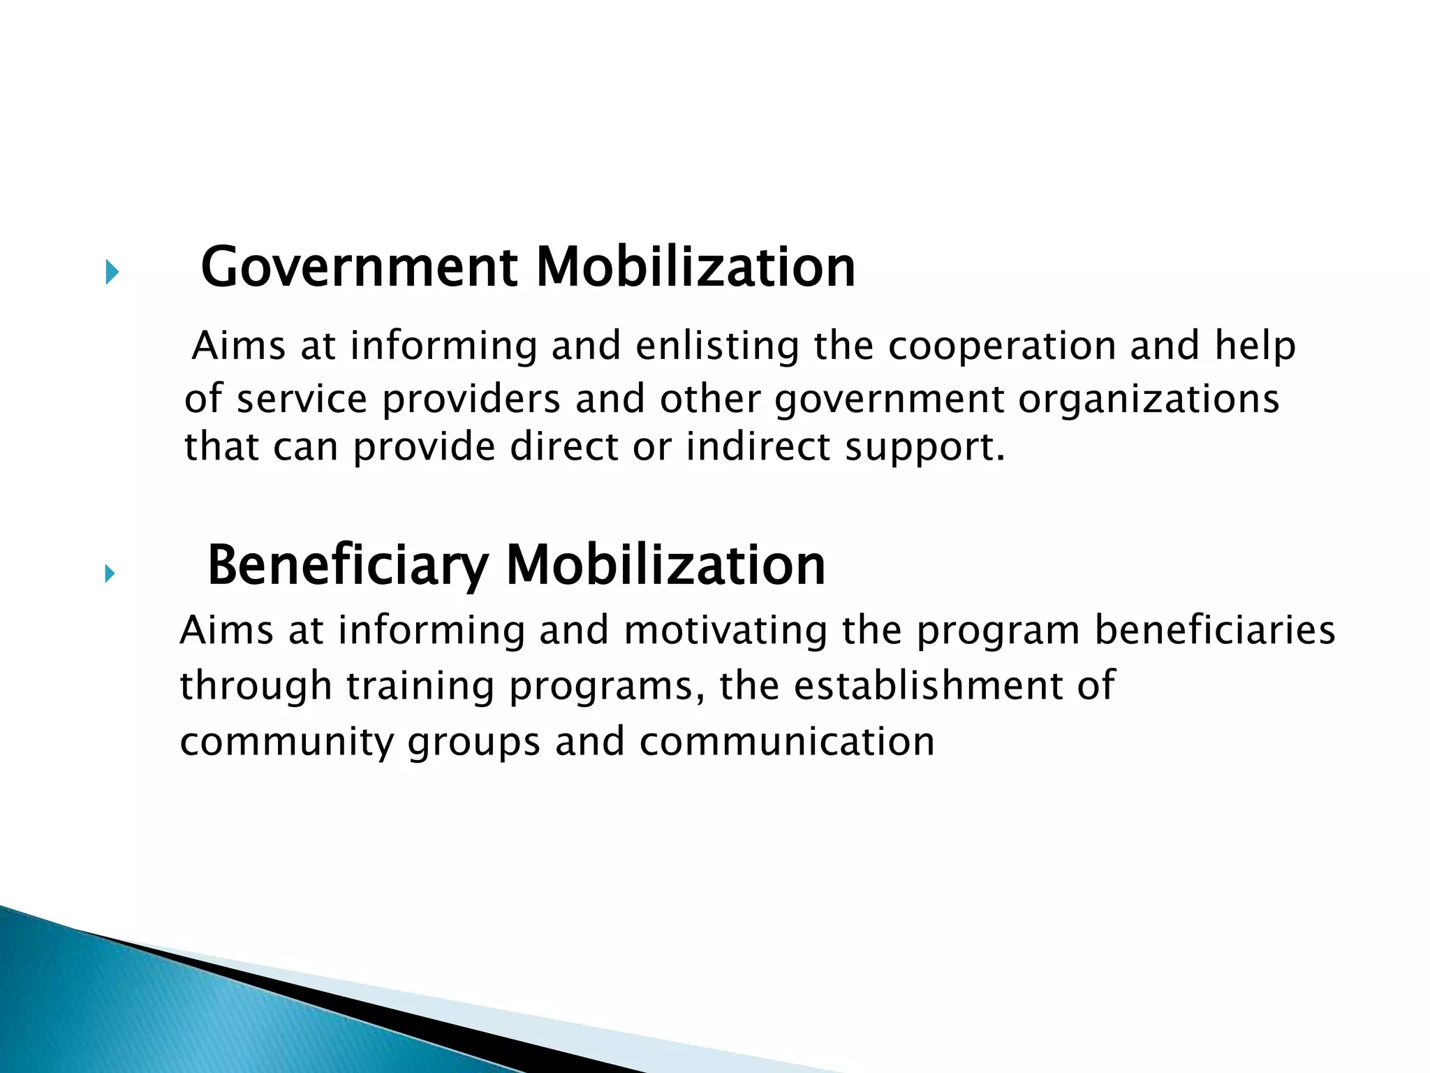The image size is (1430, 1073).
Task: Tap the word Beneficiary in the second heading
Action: click(x=347, y=565)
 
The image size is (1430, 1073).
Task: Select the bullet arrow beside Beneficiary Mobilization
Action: click(x=109, y=574)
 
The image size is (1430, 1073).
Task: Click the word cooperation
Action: click(x=1001, y=346)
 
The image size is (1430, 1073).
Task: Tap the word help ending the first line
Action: click(x=1255, y=346)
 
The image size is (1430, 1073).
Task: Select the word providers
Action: click(x=471, y=400)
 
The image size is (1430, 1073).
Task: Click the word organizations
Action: click(x=1149, y=400)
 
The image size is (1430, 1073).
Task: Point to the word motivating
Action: click(x=725, y=630)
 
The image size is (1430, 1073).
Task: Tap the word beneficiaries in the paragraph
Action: click(x=1214, y=630)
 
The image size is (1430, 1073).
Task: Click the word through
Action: click(x=256, y=686)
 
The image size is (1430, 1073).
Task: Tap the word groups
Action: click(x=474, y=743)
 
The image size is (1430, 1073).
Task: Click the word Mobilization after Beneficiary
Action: click(x=665, y=565)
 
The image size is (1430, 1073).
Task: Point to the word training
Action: click(x=420, y=686)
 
